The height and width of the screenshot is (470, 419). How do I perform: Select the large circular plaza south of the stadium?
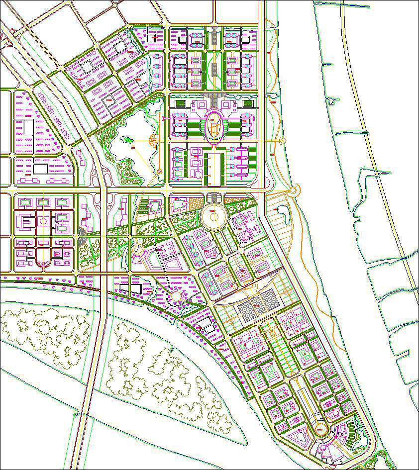pyautogui.click(x=214, y=217)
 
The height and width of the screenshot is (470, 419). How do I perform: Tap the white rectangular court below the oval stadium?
pyautogui.click(x=214, y=165)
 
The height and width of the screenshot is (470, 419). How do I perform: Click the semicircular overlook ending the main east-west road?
pyautogui.click(x=294, y=190)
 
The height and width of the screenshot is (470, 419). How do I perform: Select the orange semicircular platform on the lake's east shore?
pyautogui.click(x=160, y=171)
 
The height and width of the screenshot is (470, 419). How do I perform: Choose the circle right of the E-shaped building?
pyautogui.click(x=43, y=221)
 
